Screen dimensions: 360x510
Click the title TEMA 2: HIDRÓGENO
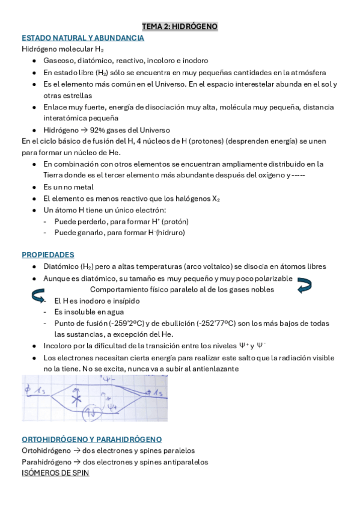tap(180, 26)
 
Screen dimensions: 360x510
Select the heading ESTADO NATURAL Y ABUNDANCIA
tap(82, 38)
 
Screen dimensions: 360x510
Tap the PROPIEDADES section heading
tap(47, 254)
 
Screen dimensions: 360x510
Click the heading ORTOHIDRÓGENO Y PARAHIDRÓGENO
tap(91, 439)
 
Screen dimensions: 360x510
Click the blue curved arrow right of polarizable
tap(304, 285)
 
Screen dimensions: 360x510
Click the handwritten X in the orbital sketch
tap(76, 399)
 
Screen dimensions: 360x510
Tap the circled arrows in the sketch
tap(95, 413)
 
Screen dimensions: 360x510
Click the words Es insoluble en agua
tap(89, 312)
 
